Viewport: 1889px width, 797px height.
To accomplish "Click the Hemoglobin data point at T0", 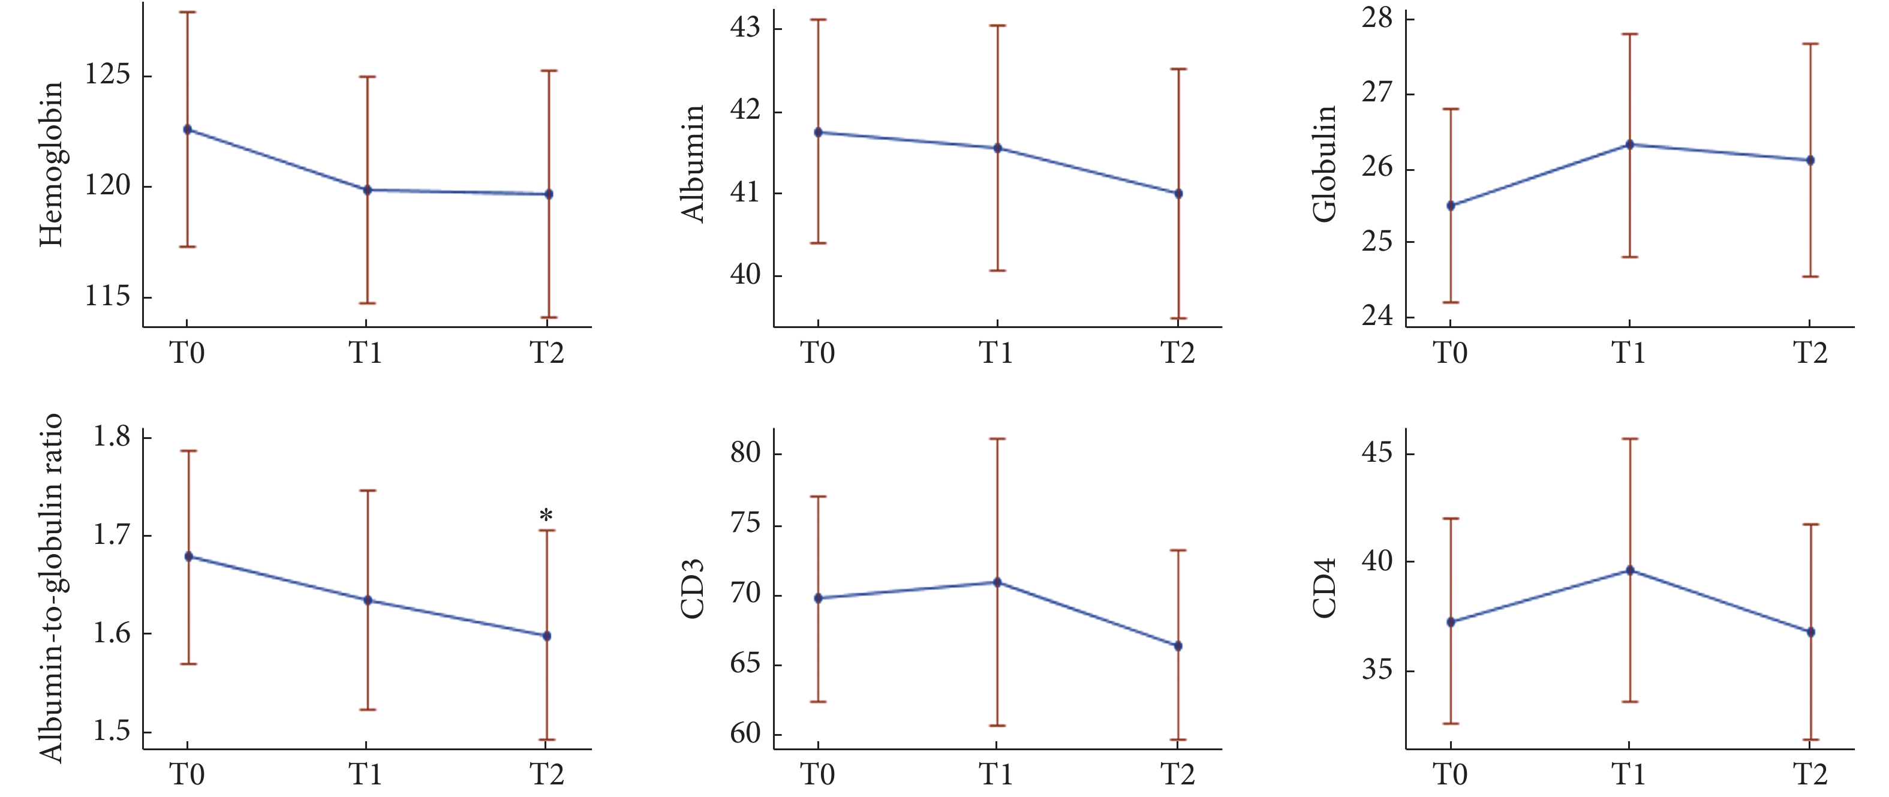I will pyautogui.click(x=187, y=130).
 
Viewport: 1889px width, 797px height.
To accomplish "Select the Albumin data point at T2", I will pyautogui.click(x=1178, y=194).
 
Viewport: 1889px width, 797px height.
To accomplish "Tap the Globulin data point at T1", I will pyautogui.click(x=1629, y=145).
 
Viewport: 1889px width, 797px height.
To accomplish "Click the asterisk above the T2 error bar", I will pyautogui.click(x=546, y=516).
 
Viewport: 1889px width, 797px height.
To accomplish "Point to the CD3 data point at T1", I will pyautogui.click(x=997, y=582).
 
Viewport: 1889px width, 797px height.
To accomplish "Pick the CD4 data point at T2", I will pyautogui.click(x=1810, y=631).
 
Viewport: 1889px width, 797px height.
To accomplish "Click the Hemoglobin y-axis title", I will pyautogui.click(x=52, y=164).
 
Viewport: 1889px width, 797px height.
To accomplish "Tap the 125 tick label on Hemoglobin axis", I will pyautogui.click(x=107, y=75).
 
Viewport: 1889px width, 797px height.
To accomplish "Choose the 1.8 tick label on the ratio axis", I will pyautogui.click(x=112, y=437).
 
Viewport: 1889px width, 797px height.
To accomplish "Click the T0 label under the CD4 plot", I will pyautogui.click(x=1450, y=775).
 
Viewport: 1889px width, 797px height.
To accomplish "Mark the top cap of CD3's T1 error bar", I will pyautogui.click(x=997, y=438).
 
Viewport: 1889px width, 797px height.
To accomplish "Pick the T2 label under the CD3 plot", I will pyautogui.click(x=1177, y=775).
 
